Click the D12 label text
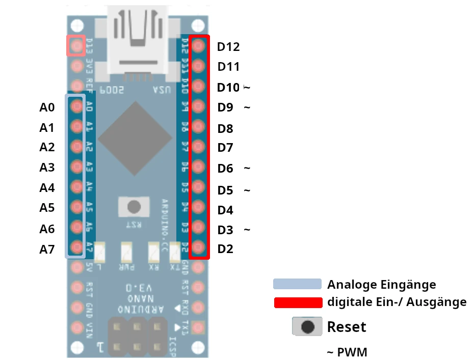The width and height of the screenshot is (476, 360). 228,47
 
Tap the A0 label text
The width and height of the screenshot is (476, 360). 47,107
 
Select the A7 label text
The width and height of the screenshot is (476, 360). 47,249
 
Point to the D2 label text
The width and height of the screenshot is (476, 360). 225,249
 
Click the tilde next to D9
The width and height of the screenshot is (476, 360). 247,107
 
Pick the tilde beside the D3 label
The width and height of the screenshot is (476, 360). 247,230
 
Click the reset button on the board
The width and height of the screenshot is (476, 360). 134,207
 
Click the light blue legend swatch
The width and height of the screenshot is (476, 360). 297,284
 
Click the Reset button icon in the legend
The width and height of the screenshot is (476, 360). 307,326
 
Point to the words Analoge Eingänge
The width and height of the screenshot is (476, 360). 381,284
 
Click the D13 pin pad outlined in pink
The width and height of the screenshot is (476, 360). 76,46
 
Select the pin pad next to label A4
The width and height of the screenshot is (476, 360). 76,186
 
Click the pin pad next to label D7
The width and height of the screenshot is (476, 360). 199,147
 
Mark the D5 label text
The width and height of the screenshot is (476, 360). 225,190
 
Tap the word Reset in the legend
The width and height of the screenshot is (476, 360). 347,326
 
